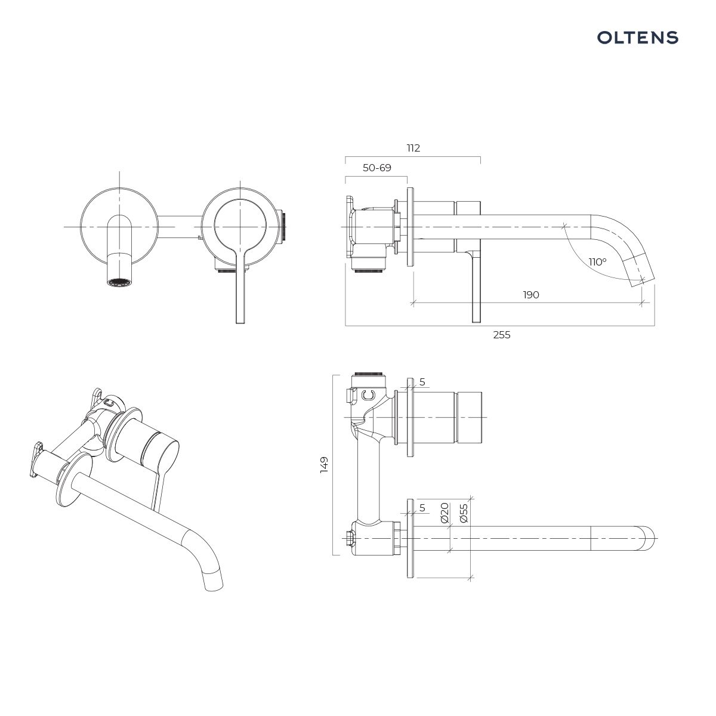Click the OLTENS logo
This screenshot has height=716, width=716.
[x=638, y=38]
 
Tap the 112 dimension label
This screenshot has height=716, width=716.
[x=413, y=148]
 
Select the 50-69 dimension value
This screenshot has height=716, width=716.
[x=376, y=168]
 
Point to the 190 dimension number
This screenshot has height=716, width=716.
[x=531, y=295]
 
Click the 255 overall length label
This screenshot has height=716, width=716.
[x=502, y=335]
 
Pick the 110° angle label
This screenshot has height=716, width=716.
[x=597, y=262]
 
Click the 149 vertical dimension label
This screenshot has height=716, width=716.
[x=324, y=465]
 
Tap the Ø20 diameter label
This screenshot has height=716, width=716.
[x=445, y=513]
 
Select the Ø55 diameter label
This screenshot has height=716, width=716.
[x=464, y=513]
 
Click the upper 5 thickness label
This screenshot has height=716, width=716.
[x=422, y=382]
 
